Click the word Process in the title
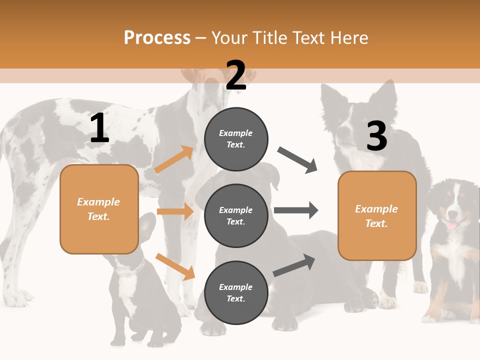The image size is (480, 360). coord(157,37)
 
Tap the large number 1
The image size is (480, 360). coord(99,128)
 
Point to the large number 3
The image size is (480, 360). coord(376,136)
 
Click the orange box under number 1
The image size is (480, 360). coord(99,209)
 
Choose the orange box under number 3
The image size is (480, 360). coord(377,215)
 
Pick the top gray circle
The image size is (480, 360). coord(236,138)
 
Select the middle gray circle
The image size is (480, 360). coord(236,215)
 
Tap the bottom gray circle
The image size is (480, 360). coord(236,292)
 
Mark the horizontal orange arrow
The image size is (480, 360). coord(175,211)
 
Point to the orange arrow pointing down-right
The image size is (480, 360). coord(175,266)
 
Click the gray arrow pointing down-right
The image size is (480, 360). coord(297,160)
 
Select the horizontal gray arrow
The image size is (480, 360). coord(295,210)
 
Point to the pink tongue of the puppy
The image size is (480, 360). coord(451,225)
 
